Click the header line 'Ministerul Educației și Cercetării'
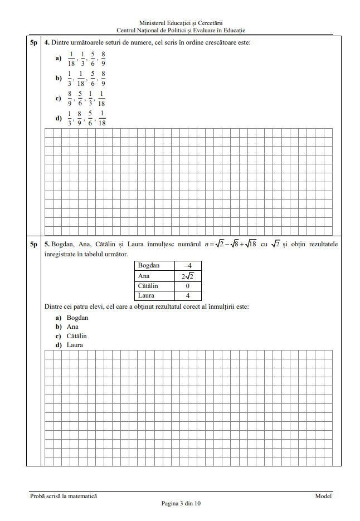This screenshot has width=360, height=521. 181,23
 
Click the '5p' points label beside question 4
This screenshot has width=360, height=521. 33,42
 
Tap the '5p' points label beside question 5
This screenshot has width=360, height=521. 33,244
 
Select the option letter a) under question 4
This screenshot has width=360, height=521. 59,59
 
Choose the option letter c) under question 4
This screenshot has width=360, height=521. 59,99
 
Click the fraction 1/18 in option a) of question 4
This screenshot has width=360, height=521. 71,59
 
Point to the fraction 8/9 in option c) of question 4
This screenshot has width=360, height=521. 70,99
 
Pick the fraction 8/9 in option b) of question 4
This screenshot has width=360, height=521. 103,79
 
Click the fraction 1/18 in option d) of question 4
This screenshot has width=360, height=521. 101,119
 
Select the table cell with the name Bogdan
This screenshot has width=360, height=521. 154,266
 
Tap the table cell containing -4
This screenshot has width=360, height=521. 188,266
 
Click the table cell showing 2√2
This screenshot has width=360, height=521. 188,276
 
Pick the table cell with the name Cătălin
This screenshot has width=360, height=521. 154,286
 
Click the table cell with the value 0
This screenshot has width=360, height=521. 188,286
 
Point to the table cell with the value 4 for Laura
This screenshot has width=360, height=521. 188,296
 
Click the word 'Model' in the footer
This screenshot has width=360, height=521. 323,496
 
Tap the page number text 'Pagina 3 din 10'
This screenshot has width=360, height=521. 181,503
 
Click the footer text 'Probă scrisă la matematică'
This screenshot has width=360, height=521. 63,496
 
